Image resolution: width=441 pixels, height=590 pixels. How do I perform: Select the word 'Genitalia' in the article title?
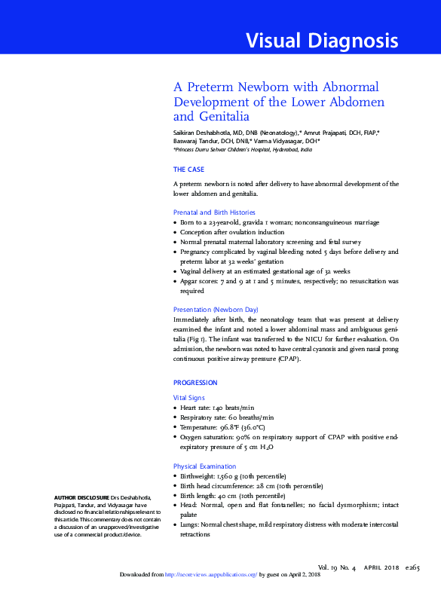222,117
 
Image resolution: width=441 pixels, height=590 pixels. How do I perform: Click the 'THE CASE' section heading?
189,170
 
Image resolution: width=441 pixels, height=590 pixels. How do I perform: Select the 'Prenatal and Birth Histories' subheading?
214,212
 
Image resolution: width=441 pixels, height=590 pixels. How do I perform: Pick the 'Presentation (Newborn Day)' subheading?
216,309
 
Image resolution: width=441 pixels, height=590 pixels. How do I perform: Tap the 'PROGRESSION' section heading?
195,383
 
